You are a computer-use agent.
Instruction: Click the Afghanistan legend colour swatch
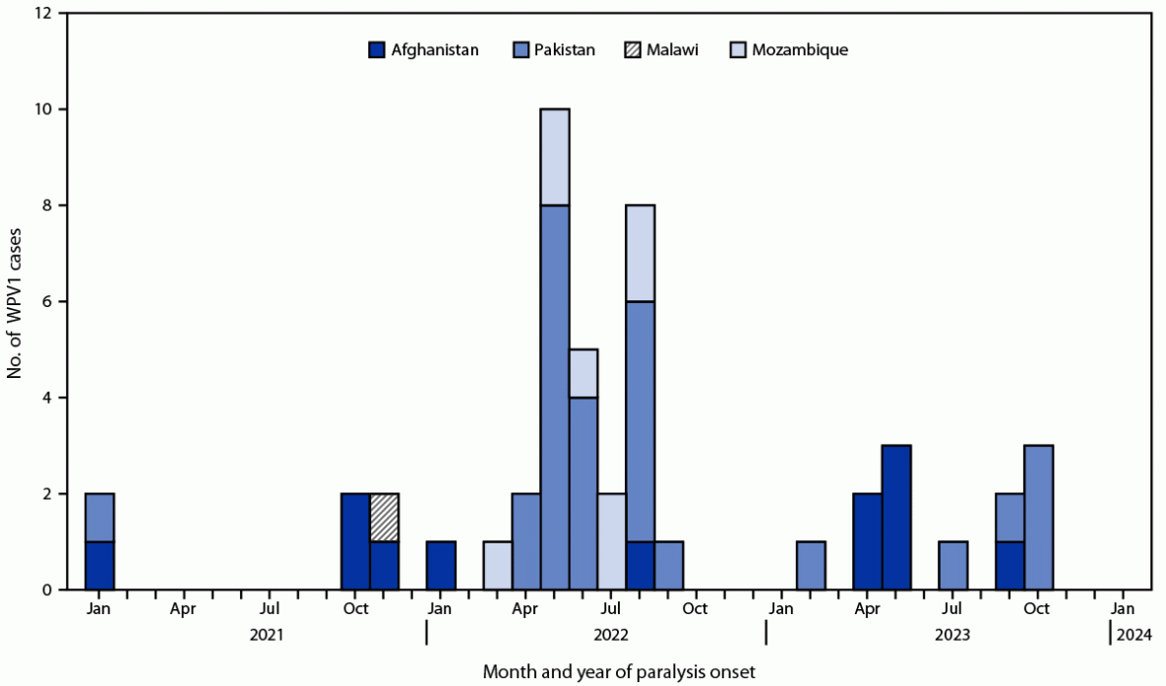click(376, 49)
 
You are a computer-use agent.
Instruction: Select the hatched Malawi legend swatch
click(631, 49)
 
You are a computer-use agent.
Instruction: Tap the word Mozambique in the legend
click(799, 49)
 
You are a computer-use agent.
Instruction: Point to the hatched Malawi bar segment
click(384, 518)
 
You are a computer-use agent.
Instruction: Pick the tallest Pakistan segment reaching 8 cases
click(555, 397)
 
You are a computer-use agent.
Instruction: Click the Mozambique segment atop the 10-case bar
click(555, 156)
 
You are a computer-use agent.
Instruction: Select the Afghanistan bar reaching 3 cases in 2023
click(896, 518)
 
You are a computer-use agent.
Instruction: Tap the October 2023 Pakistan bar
click(1038, 518)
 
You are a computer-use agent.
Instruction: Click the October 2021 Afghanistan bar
click(355, 541)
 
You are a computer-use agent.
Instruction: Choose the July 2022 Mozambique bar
click(612, 541)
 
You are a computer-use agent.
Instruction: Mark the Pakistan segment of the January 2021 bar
click(99, 518)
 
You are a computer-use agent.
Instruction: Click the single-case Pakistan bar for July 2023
click(952, 566)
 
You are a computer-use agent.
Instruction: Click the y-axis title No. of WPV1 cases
click(17, 301)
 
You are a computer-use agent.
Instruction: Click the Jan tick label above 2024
click(1123, 608)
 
